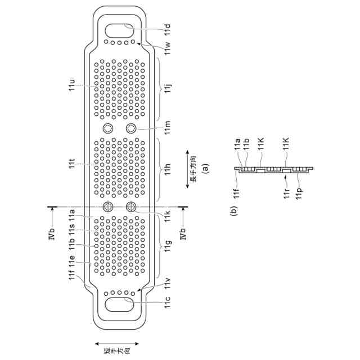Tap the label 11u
coord(71,86)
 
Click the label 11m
coord(168,130)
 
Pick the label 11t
coord(71,164)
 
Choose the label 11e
coord(71,263)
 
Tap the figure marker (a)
coord(206,167)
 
